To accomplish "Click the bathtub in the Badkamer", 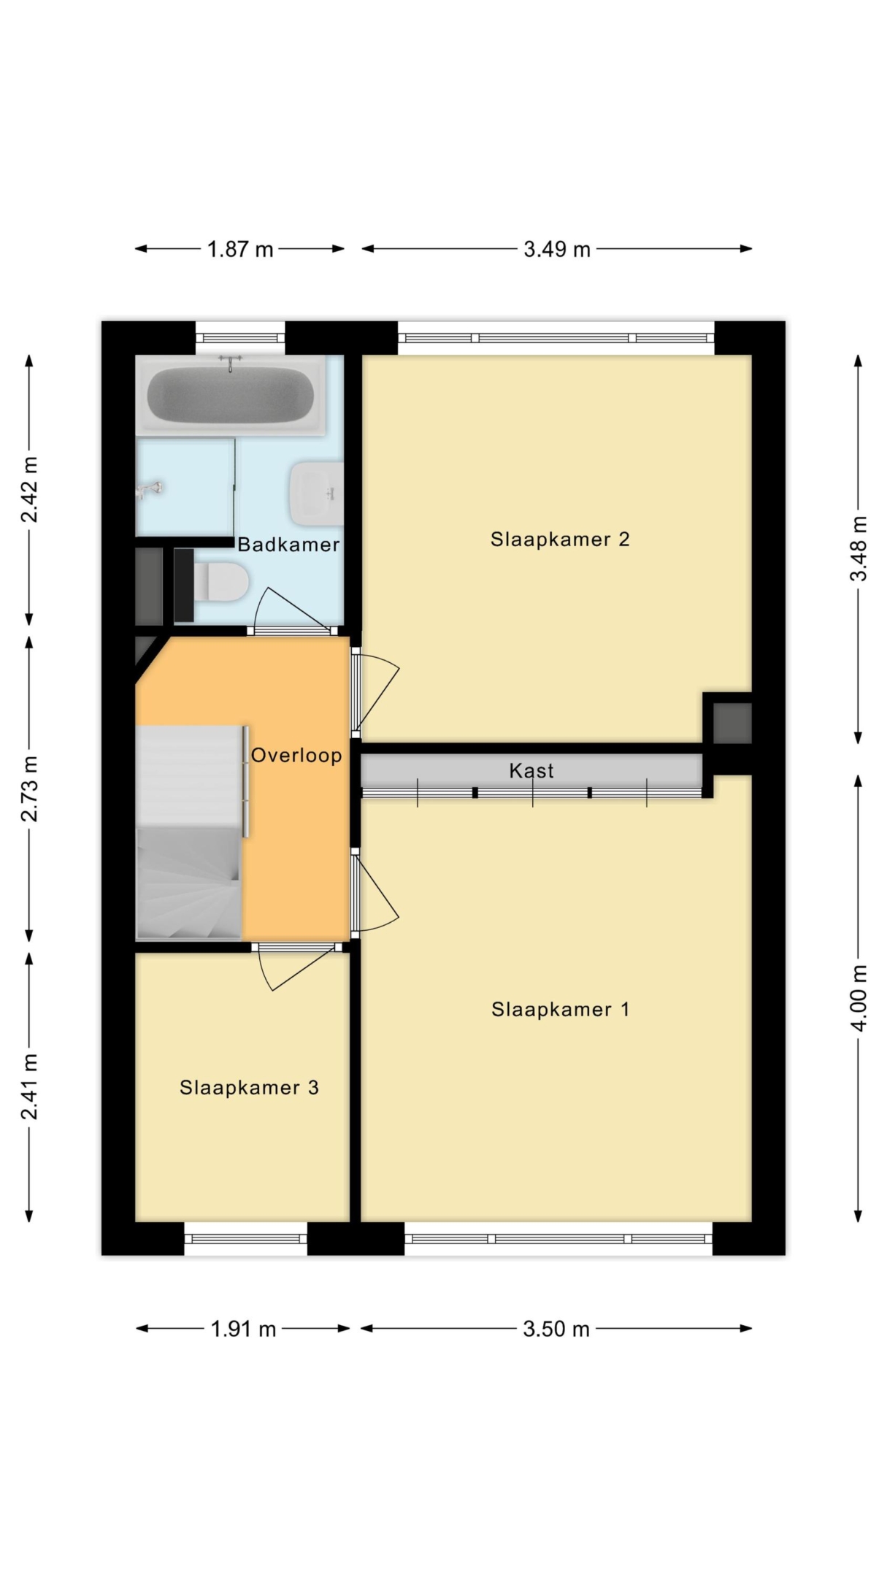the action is coord(230,395).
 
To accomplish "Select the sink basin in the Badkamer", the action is coord(316,494).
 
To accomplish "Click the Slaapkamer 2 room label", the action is coord(560,540).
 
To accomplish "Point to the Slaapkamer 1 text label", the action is coord(560,1010).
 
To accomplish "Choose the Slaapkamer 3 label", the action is coord(249,1088).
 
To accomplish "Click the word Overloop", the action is coord(296,755).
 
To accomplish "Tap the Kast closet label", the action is coord(531,770).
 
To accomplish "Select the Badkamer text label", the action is coord(288,544).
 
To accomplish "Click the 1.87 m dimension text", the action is coord(240,250).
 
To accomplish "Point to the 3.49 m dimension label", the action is coord(557,250).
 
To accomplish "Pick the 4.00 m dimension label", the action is coord(859,998).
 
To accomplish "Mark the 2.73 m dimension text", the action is coord(29,788).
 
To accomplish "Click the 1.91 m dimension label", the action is coord(243,1329).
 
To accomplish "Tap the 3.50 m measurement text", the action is coord(556,1329).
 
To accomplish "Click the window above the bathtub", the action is coord(240,338).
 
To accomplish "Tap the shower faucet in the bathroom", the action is coord(150,489).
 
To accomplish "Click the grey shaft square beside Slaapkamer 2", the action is coord(732,723).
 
